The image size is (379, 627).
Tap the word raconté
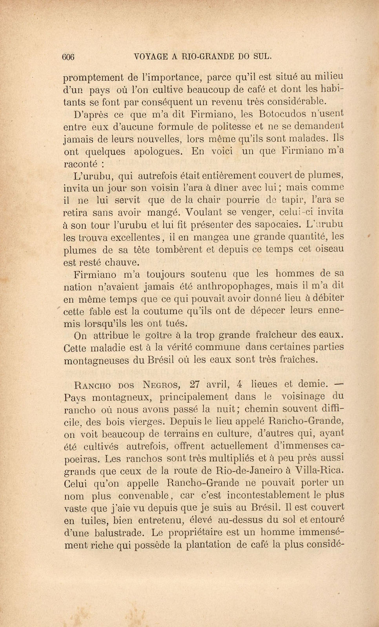tap(80, 164)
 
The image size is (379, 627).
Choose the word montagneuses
tap(97, 361)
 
